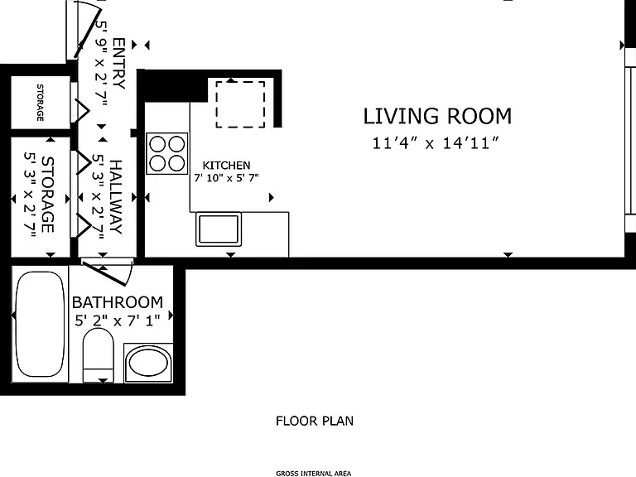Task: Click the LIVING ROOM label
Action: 437,116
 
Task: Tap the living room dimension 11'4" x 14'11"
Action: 436,143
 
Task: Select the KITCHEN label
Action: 226,165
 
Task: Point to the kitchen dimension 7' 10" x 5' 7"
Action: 226,178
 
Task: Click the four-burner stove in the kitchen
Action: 167,154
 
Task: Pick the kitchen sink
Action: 219,229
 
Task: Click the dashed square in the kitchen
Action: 240,104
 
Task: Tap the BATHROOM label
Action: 118,302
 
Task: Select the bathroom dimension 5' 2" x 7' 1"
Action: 118,320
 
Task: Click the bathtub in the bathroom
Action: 40,325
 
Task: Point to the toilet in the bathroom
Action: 99,355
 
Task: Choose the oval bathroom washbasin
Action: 148,363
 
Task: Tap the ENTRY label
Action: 118,63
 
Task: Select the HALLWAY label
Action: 116,197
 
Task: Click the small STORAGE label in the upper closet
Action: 40,102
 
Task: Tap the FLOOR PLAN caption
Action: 315,421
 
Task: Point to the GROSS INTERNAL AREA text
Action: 314,474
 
